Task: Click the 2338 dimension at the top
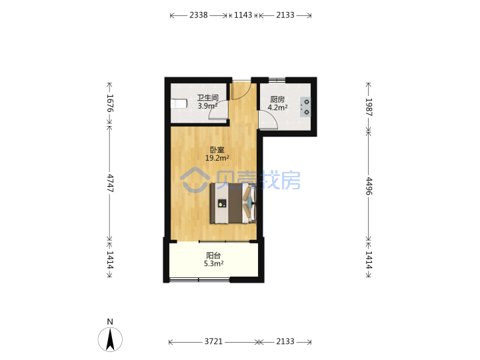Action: pyautogui.click(x=199, y=15)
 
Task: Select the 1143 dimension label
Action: pyautogui.click(x=243, y=15)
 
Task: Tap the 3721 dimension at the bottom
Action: pyautogui.click(x=213, y=341)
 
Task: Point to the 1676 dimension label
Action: pyautogui.click(x=110, y=103)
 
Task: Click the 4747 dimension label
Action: pyautogui.click(x=110, y=183)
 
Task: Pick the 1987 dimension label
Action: pyautogui.click(x=369, y=107)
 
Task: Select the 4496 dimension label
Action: pyautogui.click(x=369, y=186)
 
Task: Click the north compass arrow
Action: pyautogui.click(x=110, y=339)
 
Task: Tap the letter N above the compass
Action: pyautogui.click(x=110, y=322)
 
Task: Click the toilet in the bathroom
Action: pyautogui.click(x=179, y=103)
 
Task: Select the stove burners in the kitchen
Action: pyautogui.click(x=305, y=107)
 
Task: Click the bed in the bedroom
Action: pyautogui.click(x=233, y=203)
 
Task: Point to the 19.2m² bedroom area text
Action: pyautogui.click(x=217, y=158)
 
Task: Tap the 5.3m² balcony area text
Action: pyautogui.click(x=213, y=263)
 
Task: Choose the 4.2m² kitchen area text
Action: pyautogui.click(x=277, y=107)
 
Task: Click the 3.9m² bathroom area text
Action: pyautogui.click(x=207, y=106)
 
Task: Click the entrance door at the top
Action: pyautogui.click(x=241, y=90)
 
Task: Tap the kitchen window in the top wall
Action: pyautogui.click(x=277, y=80)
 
